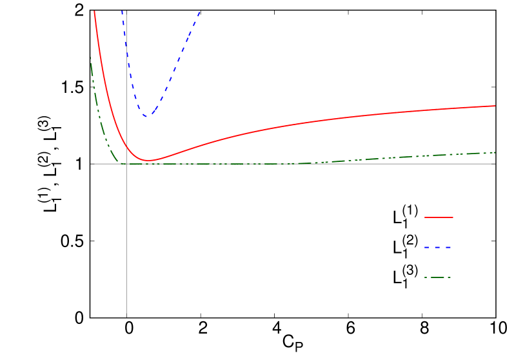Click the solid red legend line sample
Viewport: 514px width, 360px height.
439,217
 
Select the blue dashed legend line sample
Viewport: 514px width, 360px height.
437,247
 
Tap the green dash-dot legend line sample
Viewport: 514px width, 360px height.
437,277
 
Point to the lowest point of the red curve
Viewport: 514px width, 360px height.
148,160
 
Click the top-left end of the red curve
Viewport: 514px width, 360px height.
95,12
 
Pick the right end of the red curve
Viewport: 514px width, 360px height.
494,106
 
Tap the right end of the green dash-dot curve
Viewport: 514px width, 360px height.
494,152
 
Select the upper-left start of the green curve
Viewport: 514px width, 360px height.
91,58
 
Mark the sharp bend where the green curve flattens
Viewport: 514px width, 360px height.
120,163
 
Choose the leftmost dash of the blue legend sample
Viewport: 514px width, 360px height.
427,247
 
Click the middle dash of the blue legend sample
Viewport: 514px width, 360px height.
438,247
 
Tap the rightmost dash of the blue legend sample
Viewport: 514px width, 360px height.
448,247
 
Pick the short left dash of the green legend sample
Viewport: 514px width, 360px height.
426,277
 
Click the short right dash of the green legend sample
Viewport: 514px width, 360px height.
449,277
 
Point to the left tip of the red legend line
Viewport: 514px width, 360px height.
425,217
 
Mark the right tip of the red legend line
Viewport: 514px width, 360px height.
453,217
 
